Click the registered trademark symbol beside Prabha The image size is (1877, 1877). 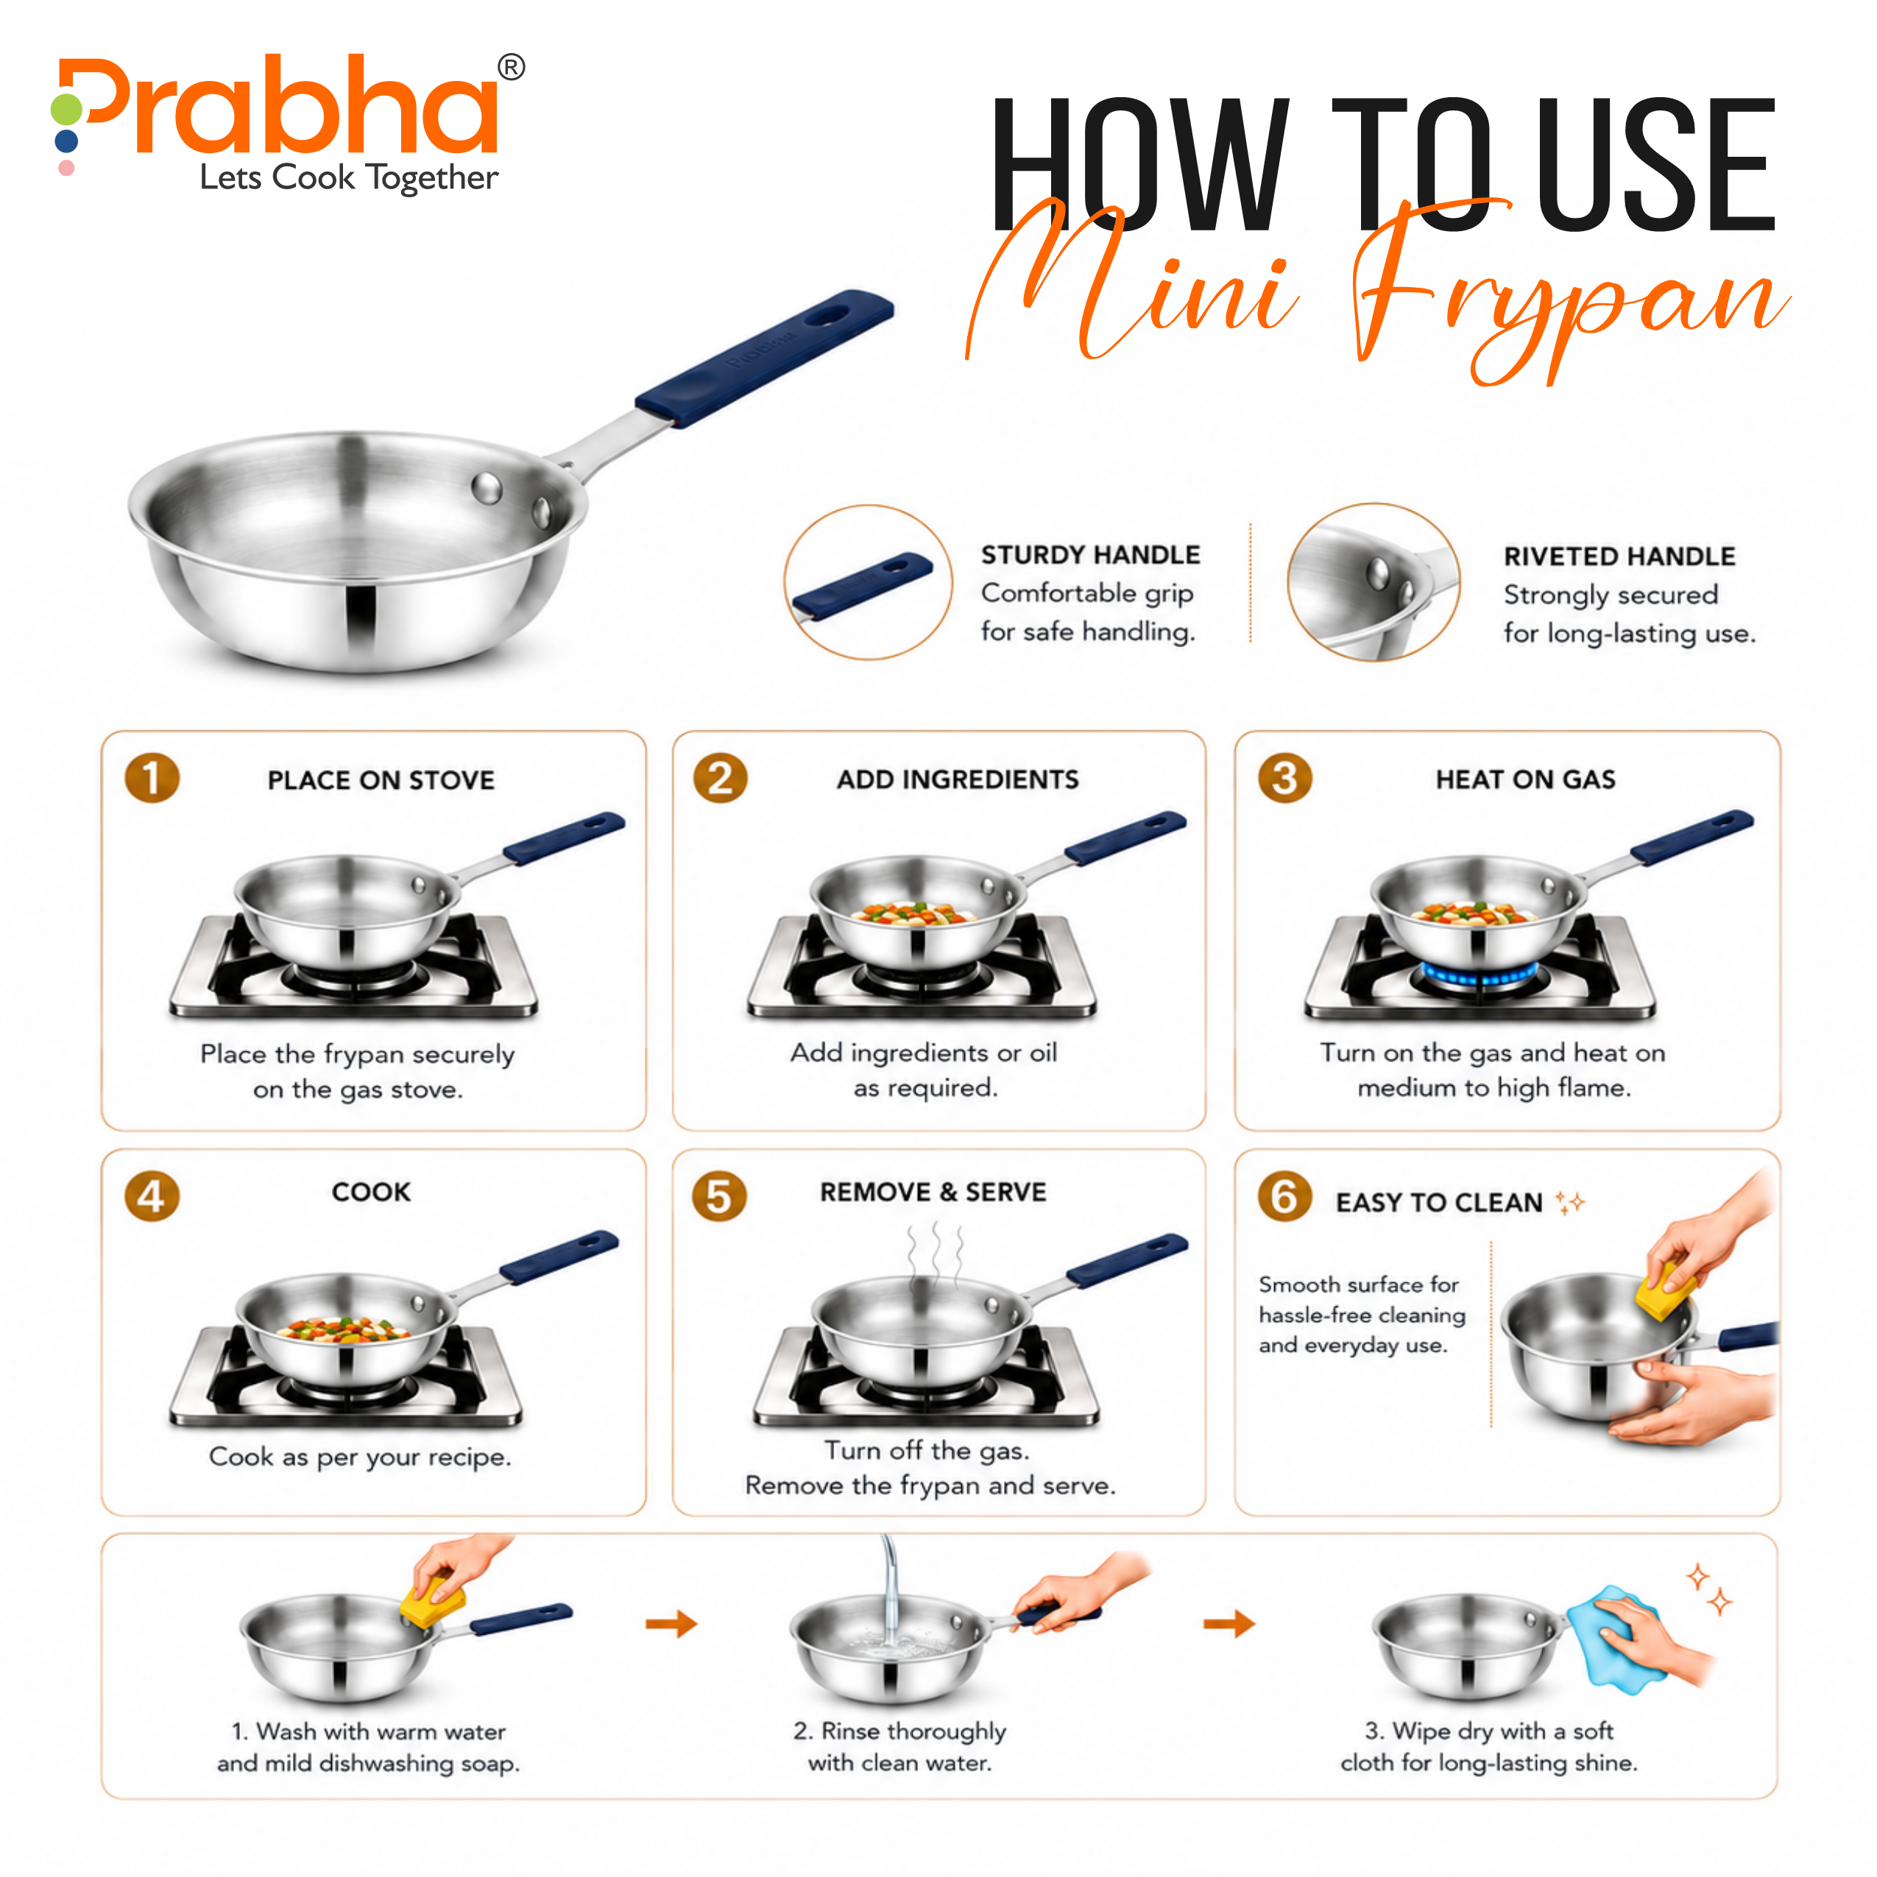pyautogui.click(x=511, y=67)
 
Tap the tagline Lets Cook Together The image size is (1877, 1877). pyautogui.click(x=349, y=178)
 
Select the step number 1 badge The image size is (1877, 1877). pyautogui.click(x=152, y=778)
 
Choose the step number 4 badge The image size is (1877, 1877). pyautogui.click(x=152, y=1196)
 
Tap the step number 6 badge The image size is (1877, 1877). pyautogui.click(x=1284, y=1196)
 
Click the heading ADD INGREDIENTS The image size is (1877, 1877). pyautogui.click(x=958, y=780)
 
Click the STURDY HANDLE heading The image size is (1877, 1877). pyautogui.click(x=1090, y=555)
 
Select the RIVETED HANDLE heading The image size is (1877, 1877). pyautogui.click(x=1619, y=556)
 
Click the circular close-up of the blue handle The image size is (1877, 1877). pyautogui.click(x=869, y=583)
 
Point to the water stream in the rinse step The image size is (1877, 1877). pyautogui.click(x=889, y=1594)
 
